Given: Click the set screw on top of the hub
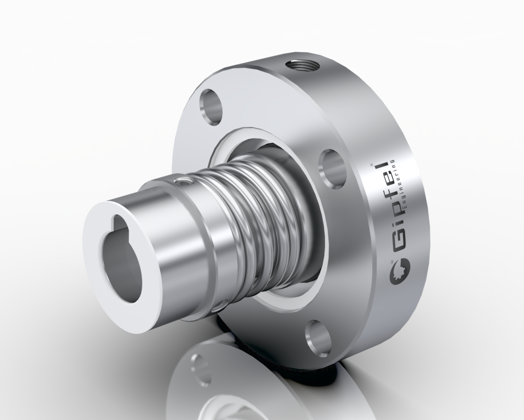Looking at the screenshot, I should (x=182, y=181).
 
